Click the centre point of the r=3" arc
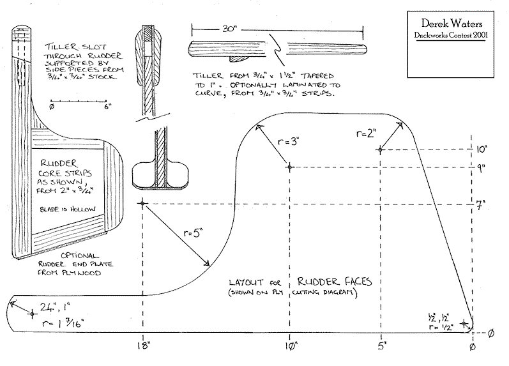(x=290, y=167)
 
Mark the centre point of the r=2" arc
(x=381, y=150)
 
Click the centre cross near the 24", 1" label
(x=32, y=313)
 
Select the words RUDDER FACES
(x=330, y=281)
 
